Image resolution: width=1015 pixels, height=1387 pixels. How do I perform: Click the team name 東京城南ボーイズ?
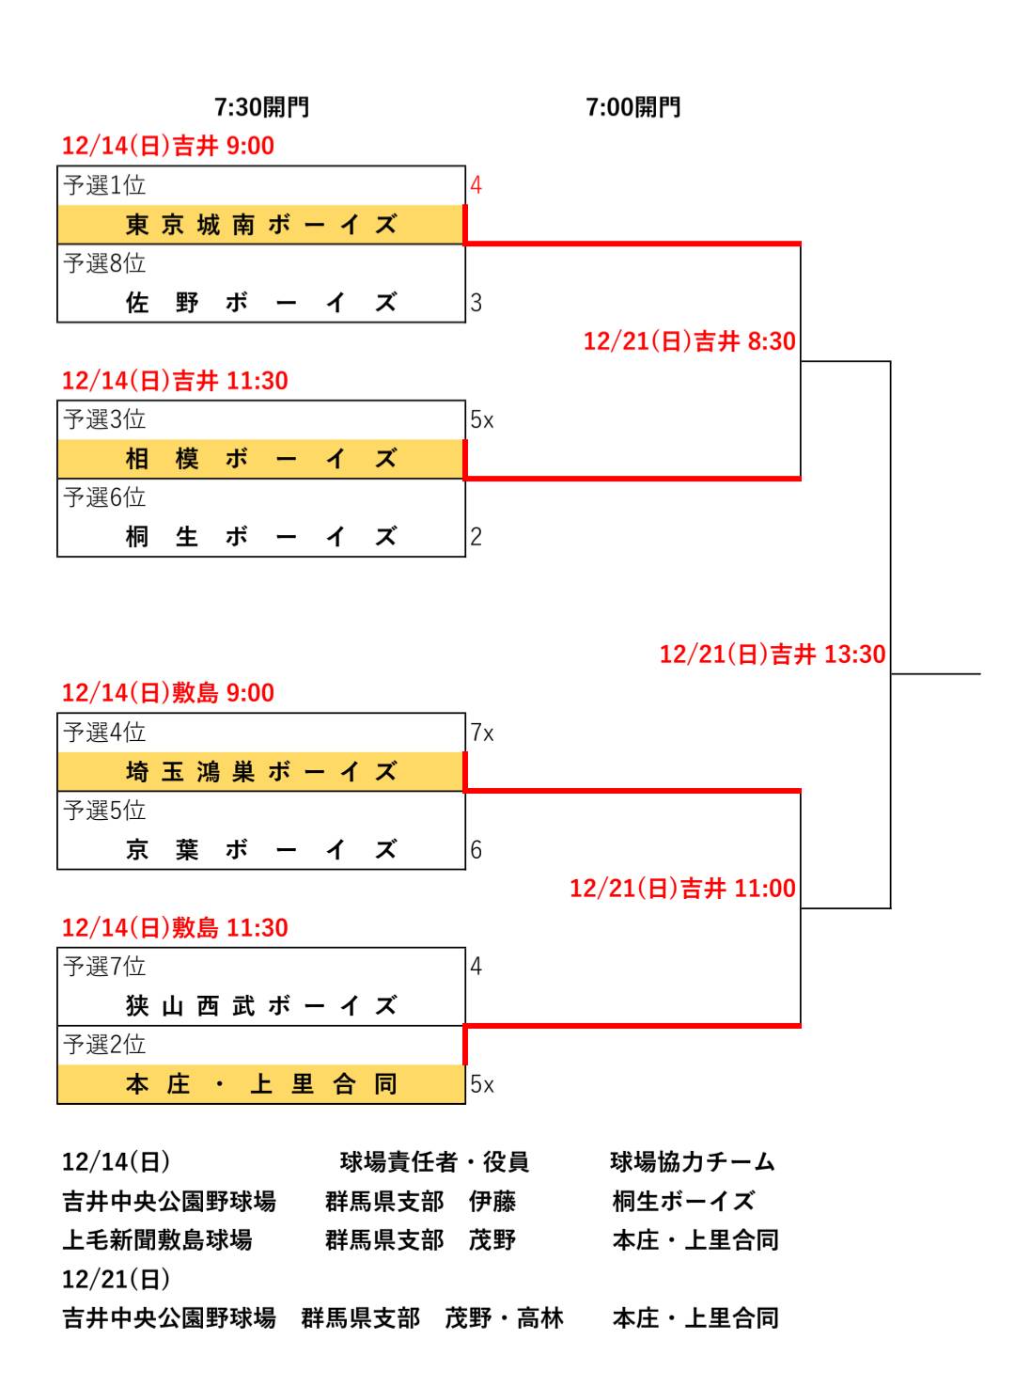[261, 225]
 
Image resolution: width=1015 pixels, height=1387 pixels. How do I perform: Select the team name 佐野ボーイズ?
[261, 303]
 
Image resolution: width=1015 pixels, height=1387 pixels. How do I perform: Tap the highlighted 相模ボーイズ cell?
[261, 459]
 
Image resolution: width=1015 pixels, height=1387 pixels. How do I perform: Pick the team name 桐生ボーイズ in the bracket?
[261, 537]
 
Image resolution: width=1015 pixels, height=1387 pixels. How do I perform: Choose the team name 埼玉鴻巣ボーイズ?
[261, 772]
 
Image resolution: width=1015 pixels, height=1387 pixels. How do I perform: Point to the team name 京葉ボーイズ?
[261, 850]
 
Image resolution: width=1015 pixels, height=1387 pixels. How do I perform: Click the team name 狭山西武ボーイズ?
[261, 1006]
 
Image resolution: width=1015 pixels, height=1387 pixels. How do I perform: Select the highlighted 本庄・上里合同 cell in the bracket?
[261, 1084]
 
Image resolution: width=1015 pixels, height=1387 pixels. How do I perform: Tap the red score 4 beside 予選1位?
[476, 185]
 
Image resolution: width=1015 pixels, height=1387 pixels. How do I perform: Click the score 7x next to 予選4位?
[482, 733]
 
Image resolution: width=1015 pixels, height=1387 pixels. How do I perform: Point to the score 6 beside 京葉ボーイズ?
[476, 850]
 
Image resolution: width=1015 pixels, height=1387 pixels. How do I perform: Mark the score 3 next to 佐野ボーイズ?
[476, 303]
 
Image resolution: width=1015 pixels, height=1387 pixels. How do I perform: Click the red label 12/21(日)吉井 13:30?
[773, 654]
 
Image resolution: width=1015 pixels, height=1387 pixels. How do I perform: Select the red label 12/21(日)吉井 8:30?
[689, 341]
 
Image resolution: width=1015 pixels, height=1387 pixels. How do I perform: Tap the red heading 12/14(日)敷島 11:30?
[175, 928]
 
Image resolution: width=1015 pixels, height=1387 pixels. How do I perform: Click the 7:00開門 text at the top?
[632, 107]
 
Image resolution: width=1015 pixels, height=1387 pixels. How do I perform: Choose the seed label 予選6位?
[104, 497]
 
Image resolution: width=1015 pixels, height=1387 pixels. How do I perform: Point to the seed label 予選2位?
[104, 1045]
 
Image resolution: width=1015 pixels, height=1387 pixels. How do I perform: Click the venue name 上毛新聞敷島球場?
[157, 1240]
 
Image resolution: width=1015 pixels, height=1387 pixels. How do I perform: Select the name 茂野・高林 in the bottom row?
[504, 1318]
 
